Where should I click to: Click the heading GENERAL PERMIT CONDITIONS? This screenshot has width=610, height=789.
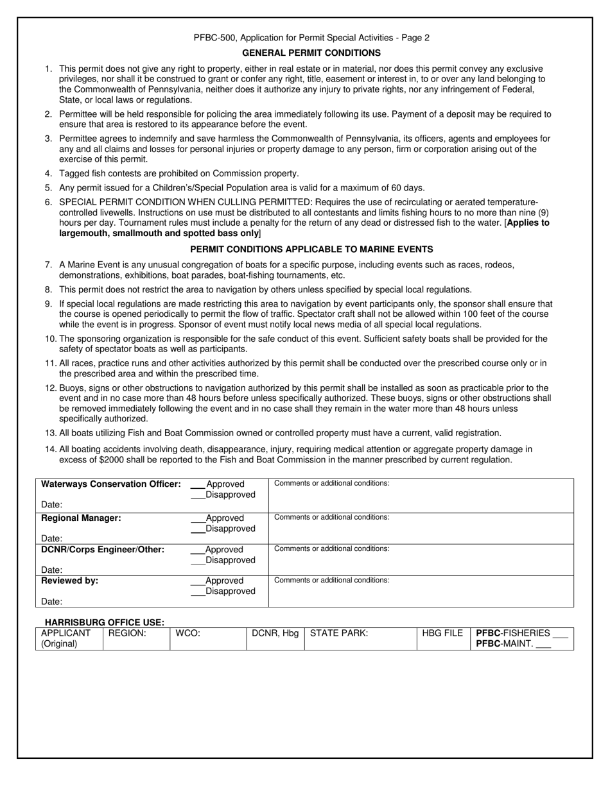point(311,53)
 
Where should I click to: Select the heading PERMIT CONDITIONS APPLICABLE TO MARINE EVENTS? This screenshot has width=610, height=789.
point(311,249)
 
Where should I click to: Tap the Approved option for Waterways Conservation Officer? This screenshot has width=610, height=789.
point(198,484)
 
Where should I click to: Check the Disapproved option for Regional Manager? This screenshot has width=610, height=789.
point(198,529)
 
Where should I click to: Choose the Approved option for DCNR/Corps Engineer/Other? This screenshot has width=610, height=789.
point(198,550)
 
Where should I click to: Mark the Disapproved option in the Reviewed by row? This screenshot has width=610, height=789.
point(198,591)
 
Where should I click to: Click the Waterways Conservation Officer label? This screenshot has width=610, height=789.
point(110,484)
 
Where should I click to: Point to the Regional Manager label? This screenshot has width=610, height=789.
point(81,518)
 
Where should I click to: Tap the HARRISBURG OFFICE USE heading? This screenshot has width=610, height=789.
point(104,622)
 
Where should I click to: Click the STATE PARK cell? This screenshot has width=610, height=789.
point(360,638)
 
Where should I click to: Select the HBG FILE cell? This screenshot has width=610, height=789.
point(442,634)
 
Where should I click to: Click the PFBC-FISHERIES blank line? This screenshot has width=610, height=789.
point(560,634)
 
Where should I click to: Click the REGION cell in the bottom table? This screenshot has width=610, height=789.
point(135,638)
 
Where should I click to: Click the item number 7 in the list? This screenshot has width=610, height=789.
point(48,265)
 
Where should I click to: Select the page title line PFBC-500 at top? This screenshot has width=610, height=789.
point(311,38)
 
